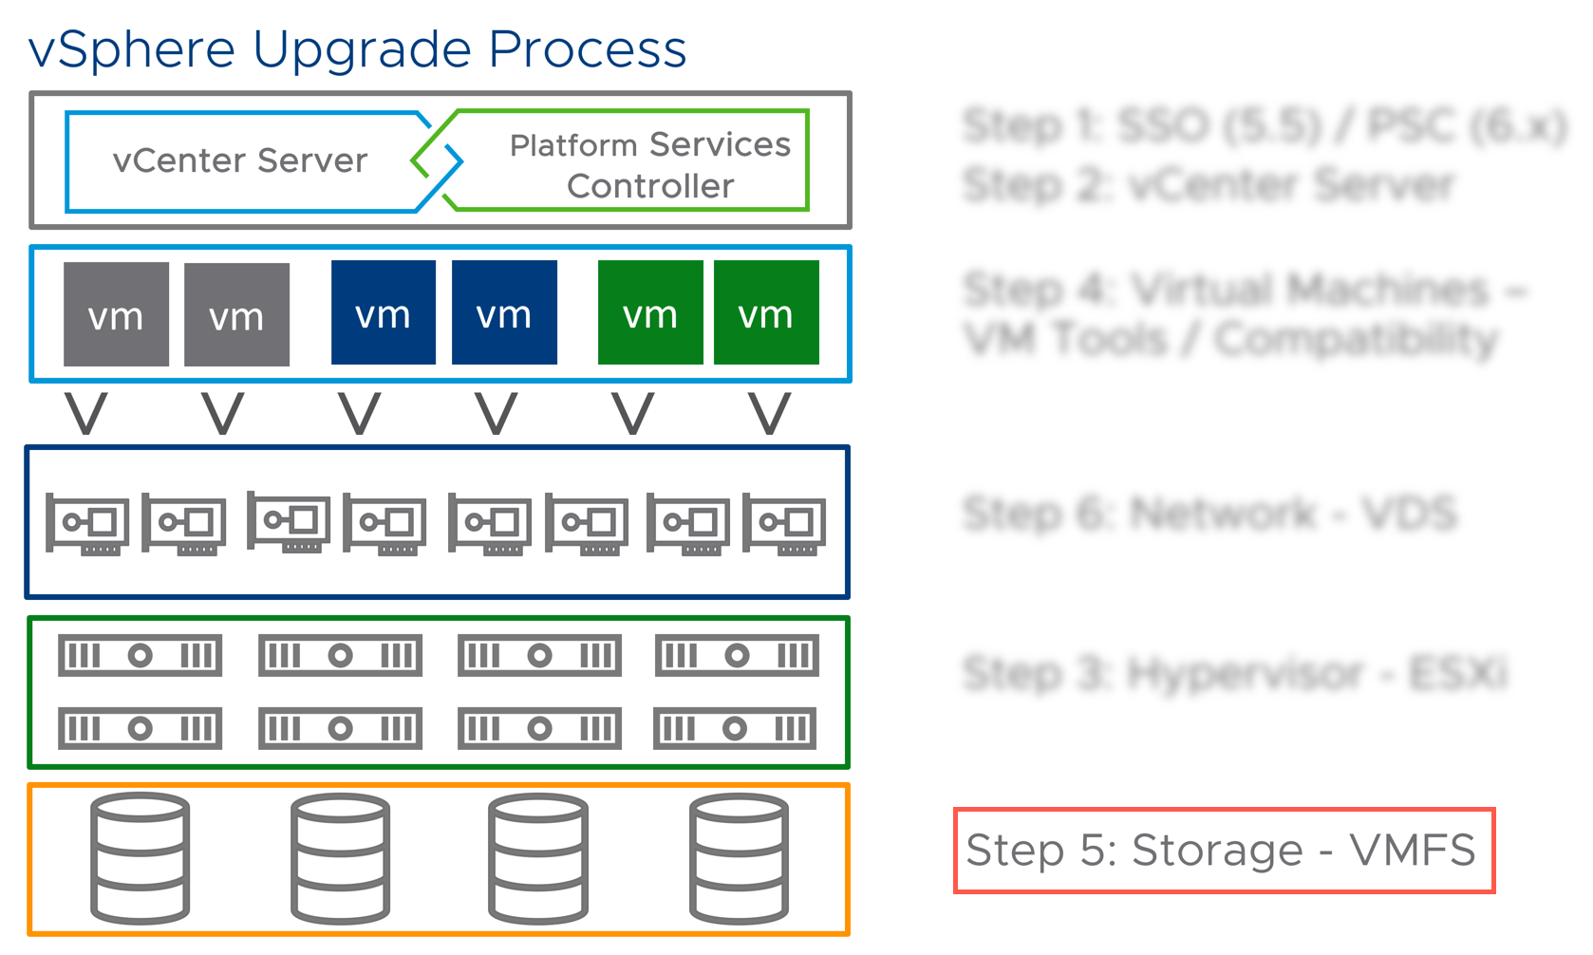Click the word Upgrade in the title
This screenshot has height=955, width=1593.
(362, 49)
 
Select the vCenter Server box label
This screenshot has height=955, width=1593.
(239, 160)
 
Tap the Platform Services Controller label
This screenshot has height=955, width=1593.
(650, 164)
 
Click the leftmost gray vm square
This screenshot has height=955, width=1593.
(116, 314)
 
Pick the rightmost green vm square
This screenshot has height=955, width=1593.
(766, 312)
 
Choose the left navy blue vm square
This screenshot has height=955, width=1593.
(383, 312)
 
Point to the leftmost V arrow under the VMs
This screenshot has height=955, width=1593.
(85, 414)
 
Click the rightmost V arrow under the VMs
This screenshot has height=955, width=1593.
(769, 414)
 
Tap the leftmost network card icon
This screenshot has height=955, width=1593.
(87, 523)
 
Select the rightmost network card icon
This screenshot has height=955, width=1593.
(784, 522)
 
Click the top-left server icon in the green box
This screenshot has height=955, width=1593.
(140, 655)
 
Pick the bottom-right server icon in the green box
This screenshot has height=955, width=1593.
(735, 728)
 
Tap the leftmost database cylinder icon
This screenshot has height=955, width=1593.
(140, 858)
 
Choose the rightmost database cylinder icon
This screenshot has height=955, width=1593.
(739, 858)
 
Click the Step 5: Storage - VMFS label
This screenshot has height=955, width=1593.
(1223, 850)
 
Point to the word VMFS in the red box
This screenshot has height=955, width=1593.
(1413, 850)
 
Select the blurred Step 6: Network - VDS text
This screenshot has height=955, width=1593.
(1209, 514)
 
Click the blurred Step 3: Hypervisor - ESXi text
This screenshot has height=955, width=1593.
(1234, 674)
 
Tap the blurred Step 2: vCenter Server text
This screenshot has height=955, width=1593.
(1209, 185)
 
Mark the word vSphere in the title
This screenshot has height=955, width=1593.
(132, 49)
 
